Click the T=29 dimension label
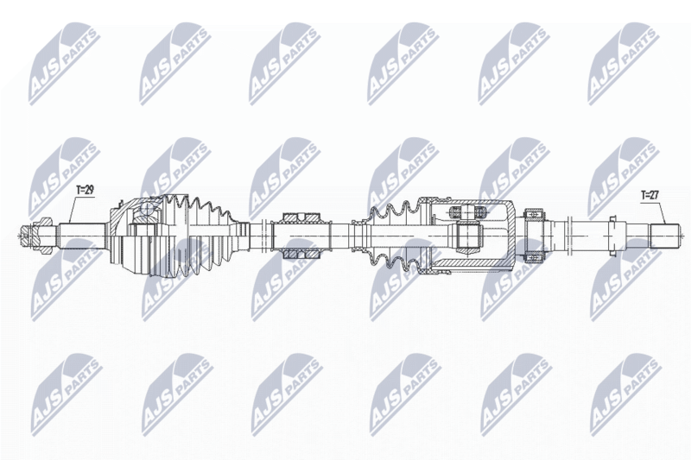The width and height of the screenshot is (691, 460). (85, 190)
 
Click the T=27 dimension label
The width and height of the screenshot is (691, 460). (650, 195)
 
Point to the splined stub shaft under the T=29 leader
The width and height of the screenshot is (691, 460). (83, 236)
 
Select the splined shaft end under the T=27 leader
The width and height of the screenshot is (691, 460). (664, 236)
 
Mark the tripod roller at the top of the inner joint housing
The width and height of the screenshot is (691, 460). (467, 212)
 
